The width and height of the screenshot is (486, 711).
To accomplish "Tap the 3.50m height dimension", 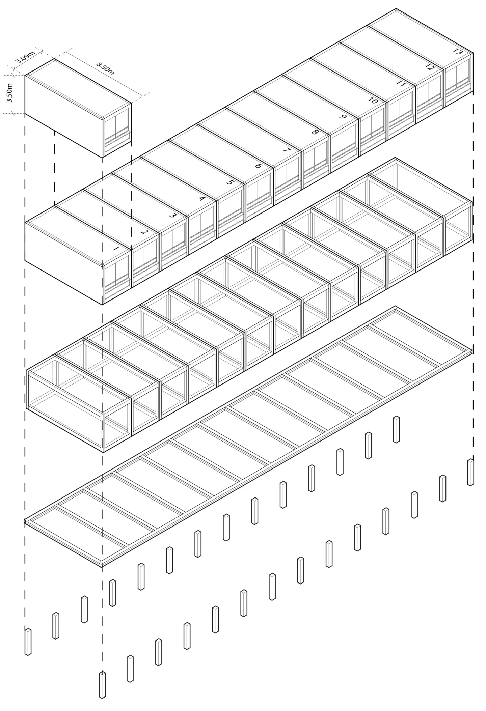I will pyautogui.click(x=10, y=93).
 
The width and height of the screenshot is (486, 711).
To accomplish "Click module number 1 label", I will pyautogui.click(x=116, y=249).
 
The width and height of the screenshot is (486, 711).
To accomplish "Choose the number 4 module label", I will pyautogui.click(x=201, y=199).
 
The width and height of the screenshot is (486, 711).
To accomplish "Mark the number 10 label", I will pyautogui.click(x=373, y=101).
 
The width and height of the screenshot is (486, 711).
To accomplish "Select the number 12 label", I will pyautogui.click(x=429, y=67).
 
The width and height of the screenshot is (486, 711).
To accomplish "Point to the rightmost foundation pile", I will pyautogui.click(x=470, y=472).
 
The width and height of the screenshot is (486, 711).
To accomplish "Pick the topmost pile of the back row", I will pyautogui.click(x=396, y=429).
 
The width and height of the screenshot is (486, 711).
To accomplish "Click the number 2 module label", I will pyautogui.click(x=144, y=232).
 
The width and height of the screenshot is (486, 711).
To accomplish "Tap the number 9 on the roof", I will pyautogui.click(x=343, y=117).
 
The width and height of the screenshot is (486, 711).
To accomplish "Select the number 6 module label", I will pyautogui.click(x=258, y=166).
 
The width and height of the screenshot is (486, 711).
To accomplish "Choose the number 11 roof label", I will pyautogui.click(x=400, y=84).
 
